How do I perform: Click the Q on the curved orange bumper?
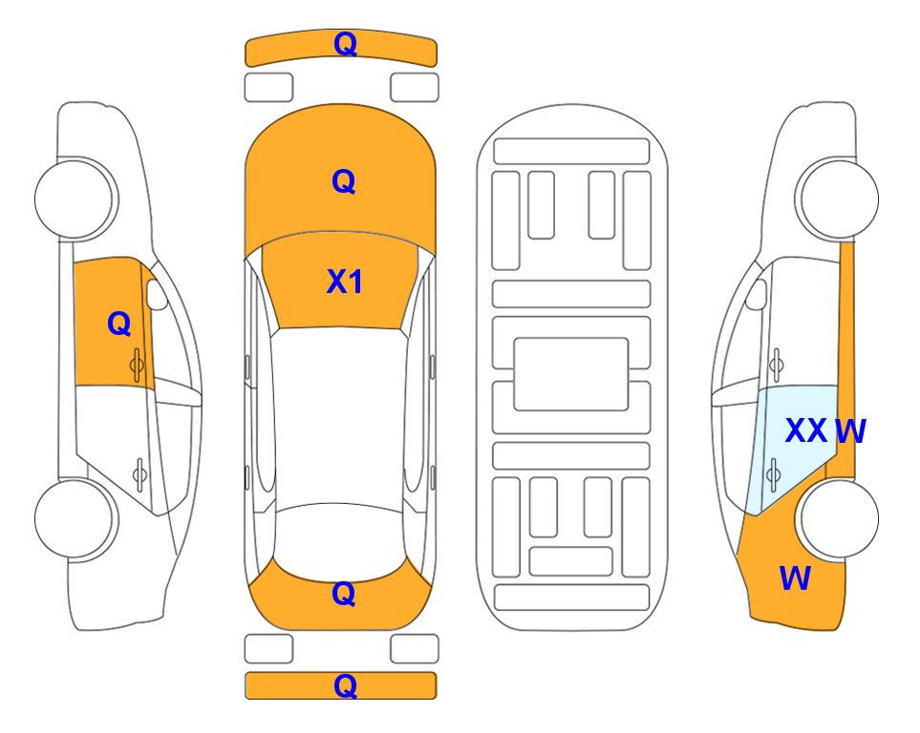(x=345, y=44)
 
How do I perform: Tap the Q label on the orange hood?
(x=344, y=181)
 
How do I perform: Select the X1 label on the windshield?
(x=345, y=282)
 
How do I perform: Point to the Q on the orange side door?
(x=119, y=324)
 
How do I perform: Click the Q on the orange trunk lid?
(x=344, y=594)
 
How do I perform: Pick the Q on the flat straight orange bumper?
(x=345, y=685)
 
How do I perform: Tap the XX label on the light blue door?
(x=806, y=431)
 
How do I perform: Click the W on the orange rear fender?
(x=795, y=578)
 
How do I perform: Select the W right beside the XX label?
(x=850, y=431)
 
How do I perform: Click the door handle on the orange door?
(x=138, y=365)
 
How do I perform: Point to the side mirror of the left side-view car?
(x=156, y=294)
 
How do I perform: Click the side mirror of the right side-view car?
(x=757, y=294)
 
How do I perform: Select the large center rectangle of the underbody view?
(x=571, y=374)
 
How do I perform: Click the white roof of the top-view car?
(x=340, y=417)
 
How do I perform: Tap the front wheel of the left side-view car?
(x=76, y=199)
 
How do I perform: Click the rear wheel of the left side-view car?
(x=76, y=518)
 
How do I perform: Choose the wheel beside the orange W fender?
(x=837, y=518)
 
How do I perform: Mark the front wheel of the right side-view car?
(x=837, y=199)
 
